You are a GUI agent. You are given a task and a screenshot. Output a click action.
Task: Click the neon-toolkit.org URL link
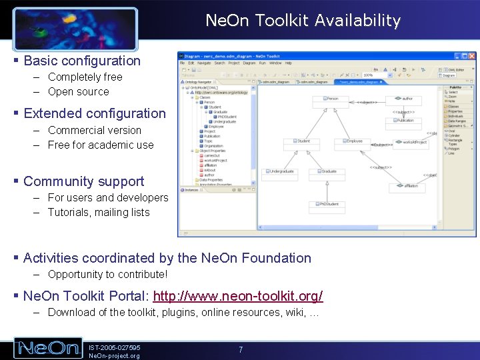[x=238, y=296]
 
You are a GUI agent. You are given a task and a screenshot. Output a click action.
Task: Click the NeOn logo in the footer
[x=48, y=348]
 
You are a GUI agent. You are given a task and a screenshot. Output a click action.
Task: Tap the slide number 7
[x=241, y=349]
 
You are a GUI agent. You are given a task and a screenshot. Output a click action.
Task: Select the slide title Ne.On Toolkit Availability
[x=303, y=21]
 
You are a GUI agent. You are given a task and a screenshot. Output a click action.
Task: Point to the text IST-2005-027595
[x=114, y=347]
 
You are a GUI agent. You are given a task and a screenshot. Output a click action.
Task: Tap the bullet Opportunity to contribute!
[x=107, y=274]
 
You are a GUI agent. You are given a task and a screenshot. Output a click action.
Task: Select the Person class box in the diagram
[x=334, y=99]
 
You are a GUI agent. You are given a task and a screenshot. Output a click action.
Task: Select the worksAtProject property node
[x=417, y=142]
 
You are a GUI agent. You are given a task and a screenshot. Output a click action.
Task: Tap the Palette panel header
[x=456, y=87]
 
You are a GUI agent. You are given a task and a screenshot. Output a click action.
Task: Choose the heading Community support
[x=83, y=181]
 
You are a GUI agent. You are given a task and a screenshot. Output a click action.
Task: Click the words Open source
[x=78, y=92]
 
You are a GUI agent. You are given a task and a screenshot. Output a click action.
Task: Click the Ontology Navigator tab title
[x=197, y=81]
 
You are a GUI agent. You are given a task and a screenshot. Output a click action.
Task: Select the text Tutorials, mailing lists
[x=99, y=213]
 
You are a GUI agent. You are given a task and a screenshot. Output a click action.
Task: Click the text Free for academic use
[x=101, y=145]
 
